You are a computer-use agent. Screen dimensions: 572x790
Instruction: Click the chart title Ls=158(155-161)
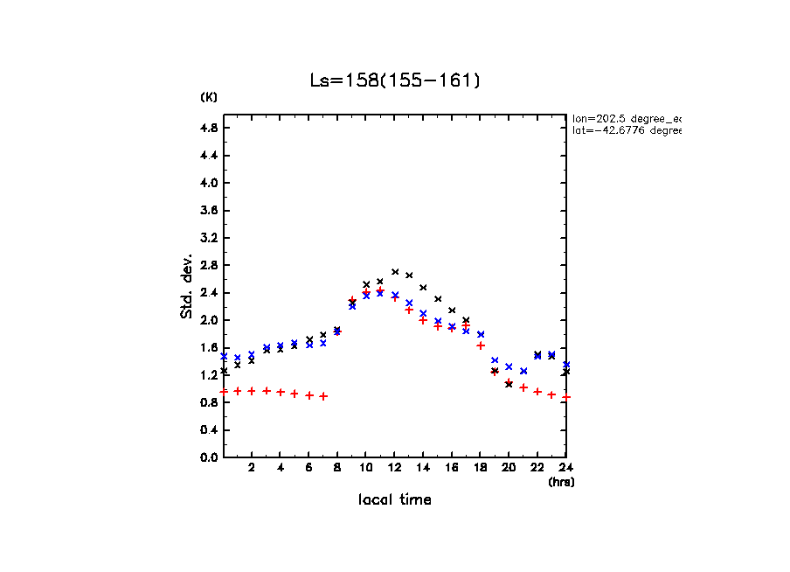[395, 80]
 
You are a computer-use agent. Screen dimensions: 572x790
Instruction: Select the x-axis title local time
[395, 499]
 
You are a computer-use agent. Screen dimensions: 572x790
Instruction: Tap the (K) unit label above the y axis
[209, 97]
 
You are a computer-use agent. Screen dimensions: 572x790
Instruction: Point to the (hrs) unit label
[561, 482]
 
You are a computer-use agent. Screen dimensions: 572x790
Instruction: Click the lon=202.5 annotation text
[626, 117]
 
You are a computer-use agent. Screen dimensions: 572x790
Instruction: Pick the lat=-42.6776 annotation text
[626, 130]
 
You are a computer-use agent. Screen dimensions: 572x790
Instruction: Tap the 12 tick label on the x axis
[395, 468]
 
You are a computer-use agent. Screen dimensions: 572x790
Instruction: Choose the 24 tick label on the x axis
[565, 468]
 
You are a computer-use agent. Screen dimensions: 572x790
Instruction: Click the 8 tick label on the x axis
[337, 468]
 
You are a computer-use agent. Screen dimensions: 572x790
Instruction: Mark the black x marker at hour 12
[395, 272]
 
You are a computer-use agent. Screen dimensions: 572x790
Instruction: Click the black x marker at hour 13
[409, 276]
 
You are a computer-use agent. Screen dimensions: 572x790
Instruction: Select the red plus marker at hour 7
[323, 396]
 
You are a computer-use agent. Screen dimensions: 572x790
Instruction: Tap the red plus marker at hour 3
[267, 391]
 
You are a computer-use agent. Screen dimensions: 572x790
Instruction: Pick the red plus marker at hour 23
[551, 394]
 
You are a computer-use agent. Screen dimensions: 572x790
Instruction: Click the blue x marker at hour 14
[423, 313]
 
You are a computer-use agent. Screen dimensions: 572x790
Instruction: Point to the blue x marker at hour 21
[523, 371]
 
